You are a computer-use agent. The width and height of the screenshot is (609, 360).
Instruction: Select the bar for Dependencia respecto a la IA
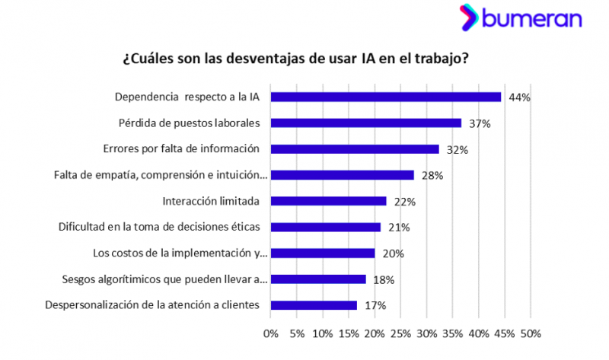pos(386,97)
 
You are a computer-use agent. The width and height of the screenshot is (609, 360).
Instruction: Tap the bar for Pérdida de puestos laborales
pos(366,123)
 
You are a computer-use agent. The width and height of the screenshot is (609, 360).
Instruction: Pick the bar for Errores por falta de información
pos(355,149)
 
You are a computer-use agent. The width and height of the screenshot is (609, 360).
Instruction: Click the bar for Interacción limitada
pos(329,201)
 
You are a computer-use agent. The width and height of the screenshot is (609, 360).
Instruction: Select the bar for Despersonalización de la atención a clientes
pos(314,305)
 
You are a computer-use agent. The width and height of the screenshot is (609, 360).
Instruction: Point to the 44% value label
pos(520,97)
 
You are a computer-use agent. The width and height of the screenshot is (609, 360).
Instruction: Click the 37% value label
pos(480,123)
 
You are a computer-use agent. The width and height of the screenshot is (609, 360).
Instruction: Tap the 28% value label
pos(432,176)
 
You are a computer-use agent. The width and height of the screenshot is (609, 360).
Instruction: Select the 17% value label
pos(375,306)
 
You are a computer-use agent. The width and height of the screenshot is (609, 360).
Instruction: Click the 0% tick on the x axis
pos(271,333)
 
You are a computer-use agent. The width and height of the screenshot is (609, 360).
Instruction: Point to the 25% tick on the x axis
pos(401,333)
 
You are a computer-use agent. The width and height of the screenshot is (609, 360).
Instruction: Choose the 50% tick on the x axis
pos(531,333)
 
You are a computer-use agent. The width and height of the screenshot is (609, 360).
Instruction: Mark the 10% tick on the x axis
pos(323,333)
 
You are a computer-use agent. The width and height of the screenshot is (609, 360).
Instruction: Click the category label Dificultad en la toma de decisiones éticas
pos(160,227)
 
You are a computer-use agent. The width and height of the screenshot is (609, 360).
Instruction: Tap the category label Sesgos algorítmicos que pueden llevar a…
pos(164,279)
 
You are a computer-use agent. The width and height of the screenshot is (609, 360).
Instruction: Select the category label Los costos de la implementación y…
pos(180,253)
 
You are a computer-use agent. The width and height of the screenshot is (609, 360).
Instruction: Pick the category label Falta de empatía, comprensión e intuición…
pos(161,175)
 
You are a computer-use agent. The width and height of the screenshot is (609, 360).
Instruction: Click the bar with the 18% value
pos(318,279)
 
